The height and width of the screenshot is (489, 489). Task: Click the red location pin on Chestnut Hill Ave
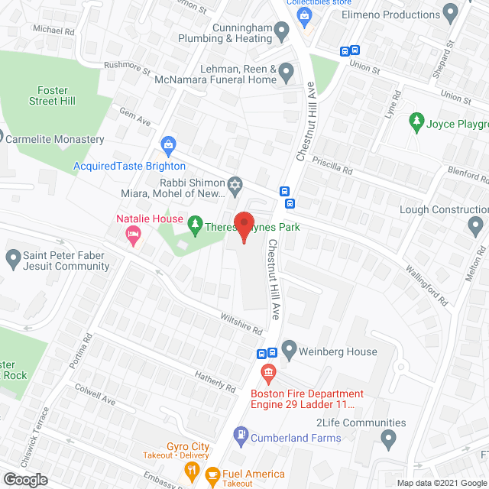click(243, 227)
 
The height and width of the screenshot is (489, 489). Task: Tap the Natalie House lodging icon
click(133, 237)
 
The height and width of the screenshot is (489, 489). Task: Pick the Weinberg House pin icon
click(289, 351)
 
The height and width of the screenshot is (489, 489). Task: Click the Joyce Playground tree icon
click(416, 121)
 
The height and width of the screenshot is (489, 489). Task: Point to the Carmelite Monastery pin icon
click(2, 139)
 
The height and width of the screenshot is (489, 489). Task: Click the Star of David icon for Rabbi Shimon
click(235, 183)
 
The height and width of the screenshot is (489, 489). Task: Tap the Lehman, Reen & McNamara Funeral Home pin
click(287, 73)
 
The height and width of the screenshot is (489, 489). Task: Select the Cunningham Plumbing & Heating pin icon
click(281, 32)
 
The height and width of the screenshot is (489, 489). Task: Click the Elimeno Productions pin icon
click(451, 14)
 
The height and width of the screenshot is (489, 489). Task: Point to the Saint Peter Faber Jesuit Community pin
click(13, 258)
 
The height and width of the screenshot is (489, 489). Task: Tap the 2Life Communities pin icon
click(389, 439)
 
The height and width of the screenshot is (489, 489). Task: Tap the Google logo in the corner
click(25, 479)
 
